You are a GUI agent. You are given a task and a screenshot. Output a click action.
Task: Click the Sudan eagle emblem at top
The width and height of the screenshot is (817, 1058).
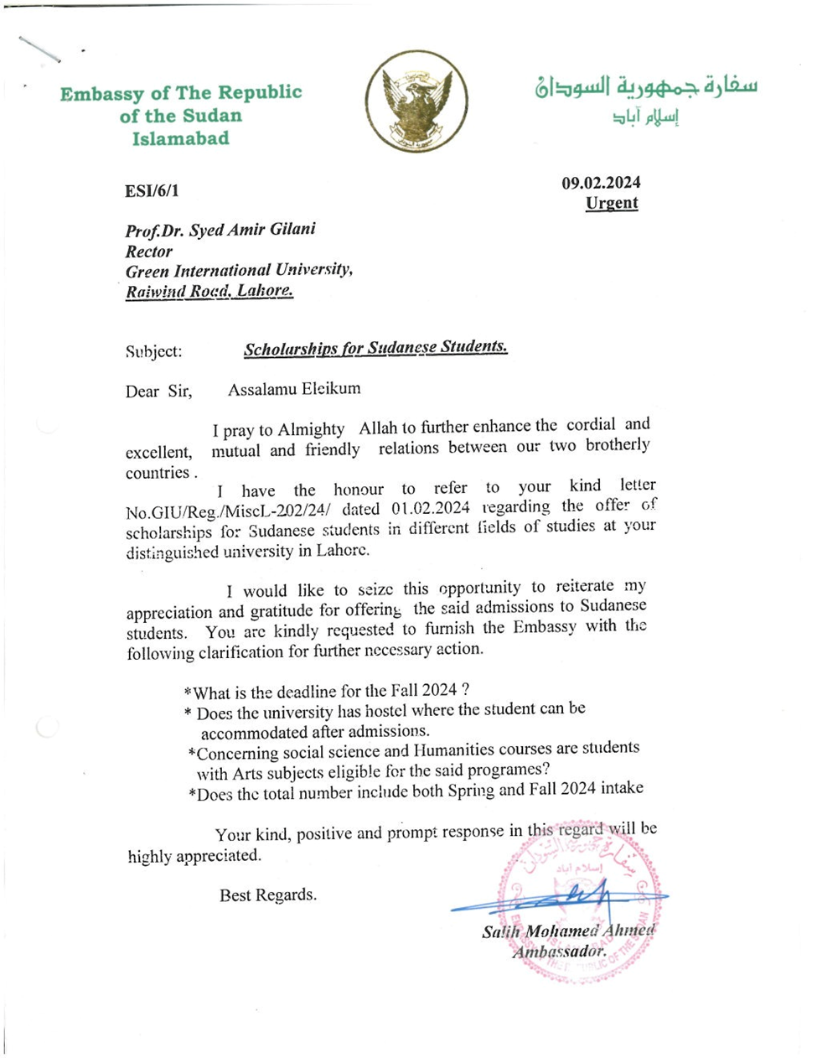pyautogui.click(x=416, y=101)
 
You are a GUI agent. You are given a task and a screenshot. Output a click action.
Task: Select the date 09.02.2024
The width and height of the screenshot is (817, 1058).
pyautogui.click(x=601, y=183)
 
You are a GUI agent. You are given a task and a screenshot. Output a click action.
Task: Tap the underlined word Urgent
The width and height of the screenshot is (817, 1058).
pyautogui.click(x=612, y=203)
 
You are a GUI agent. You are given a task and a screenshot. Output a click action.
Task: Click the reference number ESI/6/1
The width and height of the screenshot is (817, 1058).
pyautogui.click(x=152, y=191)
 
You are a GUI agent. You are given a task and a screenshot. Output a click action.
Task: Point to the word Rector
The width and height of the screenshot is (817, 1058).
pyautogui.click(x=149, y=251)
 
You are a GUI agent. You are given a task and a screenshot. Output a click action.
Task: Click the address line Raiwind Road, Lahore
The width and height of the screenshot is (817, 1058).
pyautogui.click(x=209, y=291)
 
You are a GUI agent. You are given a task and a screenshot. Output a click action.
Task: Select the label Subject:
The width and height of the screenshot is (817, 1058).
pyautogui.click(x=153, y=351)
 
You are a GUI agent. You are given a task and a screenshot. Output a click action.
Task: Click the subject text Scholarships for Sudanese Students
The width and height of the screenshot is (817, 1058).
pyautogui.click(x=375, y=348)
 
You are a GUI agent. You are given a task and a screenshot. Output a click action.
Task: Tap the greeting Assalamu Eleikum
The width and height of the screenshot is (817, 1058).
pyautogui.click(x=294, y=388)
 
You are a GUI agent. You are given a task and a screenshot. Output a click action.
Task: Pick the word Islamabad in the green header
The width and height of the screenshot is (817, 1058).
pyautogui.click(x=180, y=138)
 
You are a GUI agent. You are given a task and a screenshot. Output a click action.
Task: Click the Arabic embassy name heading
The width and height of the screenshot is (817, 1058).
pyautogui.click(x=646, y=87)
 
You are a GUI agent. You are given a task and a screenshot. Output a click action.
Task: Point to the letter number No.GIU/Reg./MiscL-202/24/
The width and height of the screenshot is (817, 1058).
pyautogui.click(x=228, y=511)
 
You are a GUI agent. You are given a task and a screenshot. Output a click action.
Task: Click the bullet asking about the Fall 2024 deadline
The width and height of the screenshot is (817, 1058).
pyautogui.click(x=327, y=691)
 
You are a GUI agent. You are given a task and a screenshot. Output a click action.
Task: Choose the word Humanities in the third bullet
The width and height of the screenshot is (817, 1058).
pyautogui.click(x=459, y=749)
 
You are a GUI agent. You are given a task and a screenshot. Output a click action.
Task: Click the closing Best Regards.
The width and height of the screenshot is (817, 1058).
pyautogui.click(x=268, y=895)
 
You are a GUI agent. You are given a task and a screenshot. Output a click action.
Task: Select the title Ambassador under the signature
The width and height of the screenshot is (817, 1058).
pyautogui.click(x=559, y=952)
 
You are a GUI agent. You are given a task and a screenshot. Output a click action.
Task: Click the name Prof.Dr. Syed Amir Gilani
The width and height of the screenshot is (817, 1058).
pyautogui.click(x=220, y=230)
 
